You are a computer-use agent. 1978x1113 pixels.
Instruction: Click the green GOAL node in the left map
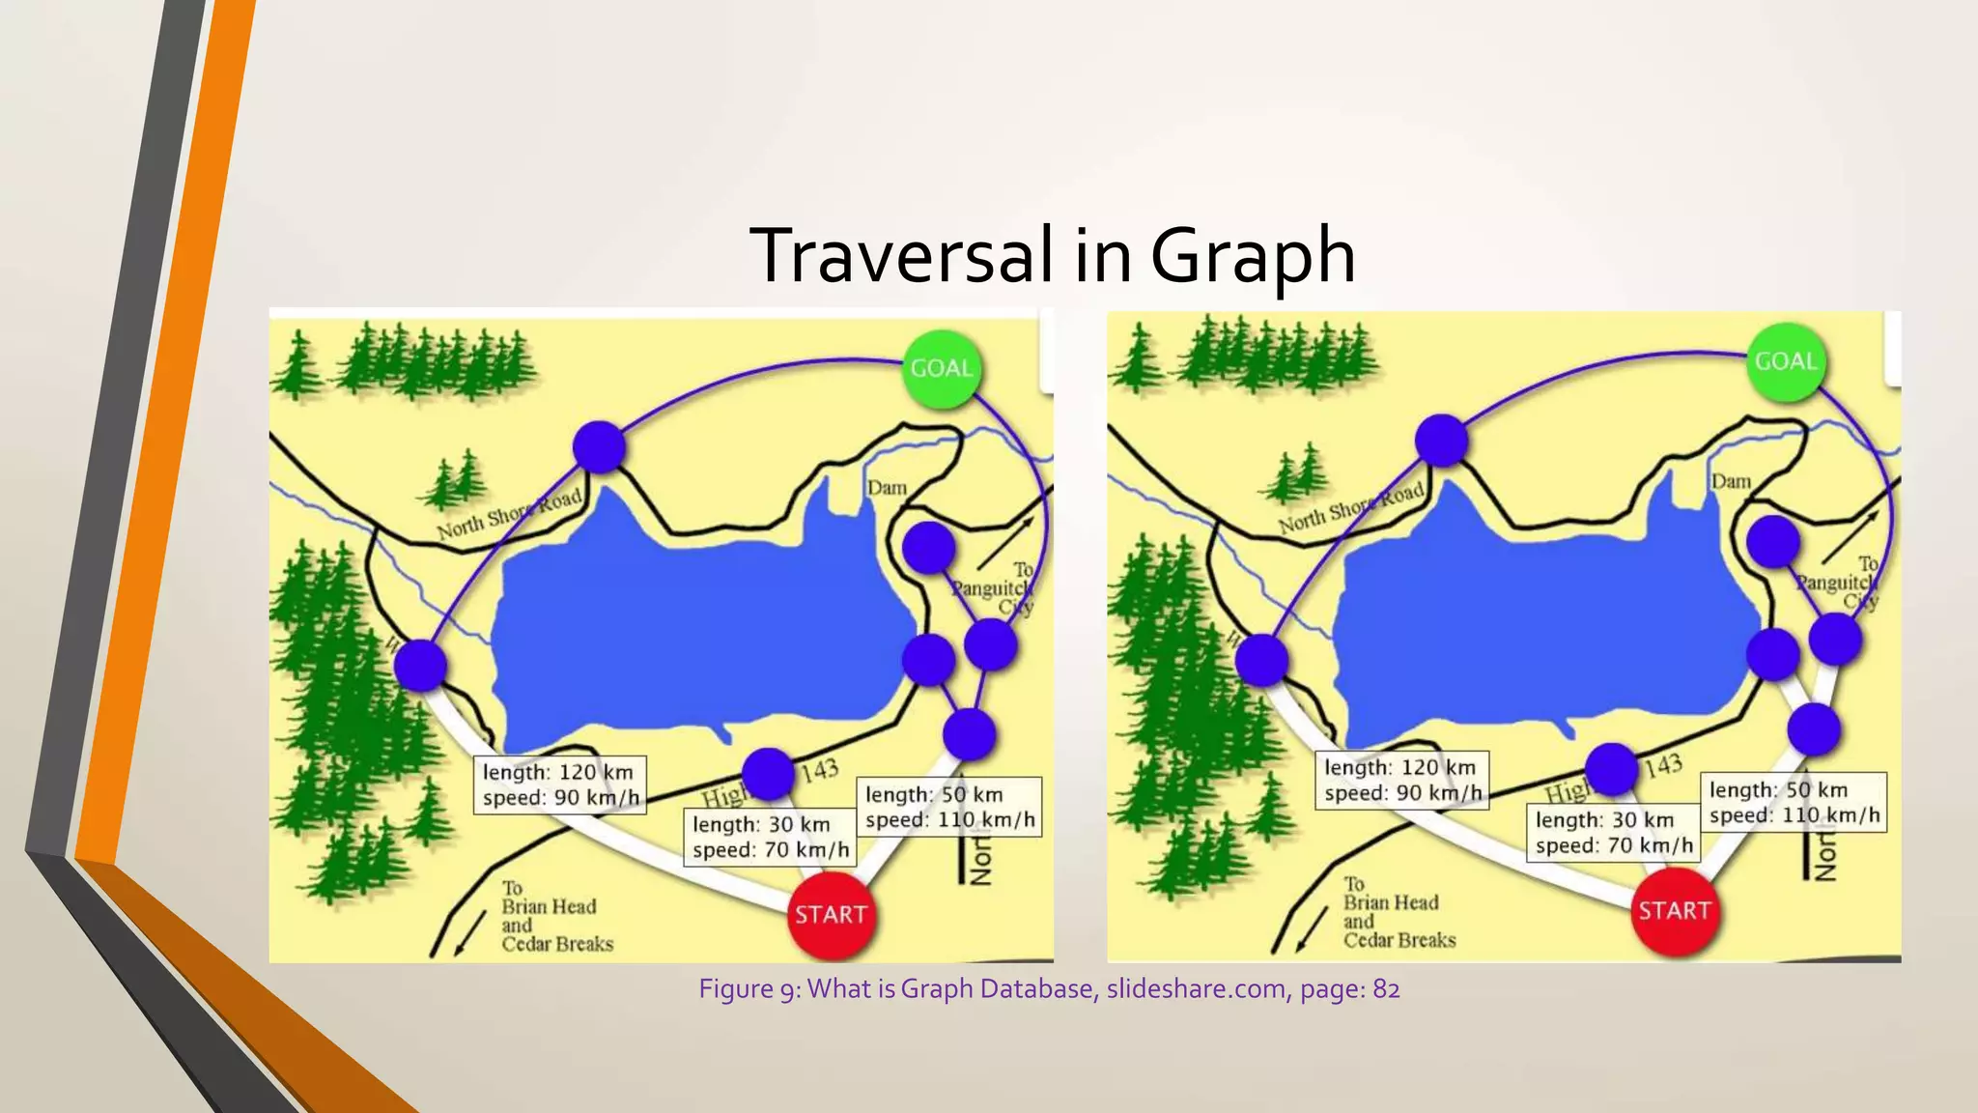[x=942, y=368]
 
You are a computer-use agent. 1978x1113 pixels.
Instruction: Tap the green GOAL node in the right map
[x=1787, y=361]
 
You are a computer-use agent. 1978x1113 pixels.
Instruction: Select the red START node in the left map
[x=832, y=914]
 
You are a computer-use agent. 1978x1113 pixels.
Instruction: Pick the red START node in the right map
[x=1675, y=910]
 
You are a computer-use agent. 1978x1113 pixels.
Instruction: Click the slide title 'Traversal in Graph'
[x=1052, y=255]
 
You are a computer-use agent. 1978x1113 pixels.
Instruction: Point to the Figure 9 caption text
[x=1049, y=989]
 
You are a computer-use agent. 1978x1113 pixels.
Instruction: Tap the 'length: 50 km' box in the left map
[x=949, y=807]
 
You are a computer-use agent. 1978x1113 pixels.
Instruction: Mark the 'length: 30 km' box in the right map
[x=1614, y=832]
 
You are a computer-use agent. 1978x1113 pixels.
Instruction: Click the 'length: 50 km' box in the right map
[x=1794, y=802]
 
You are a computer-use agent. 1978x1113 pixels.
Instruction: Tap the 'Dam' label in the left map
[x=887, y=488]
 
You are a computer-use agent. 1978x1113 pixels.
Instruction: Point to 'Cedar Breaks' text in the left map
[x=557, y=944]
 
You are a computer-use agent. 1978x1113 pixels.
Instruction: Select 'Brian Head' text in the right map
[x=1391, y=902]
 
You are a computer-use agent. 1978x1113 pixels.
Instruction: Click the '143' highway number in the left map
[x=819, y=770]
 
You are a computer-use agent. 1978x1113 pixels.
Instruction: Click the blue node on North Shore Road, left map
[x=599, y=446]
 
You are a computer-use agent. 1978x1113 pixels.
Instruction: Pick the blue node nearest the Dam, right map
[x=1773, y=542]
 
